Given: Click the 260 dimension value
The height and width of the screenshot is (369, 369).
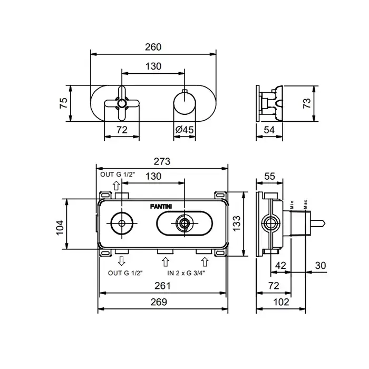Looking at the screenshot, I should point(153,47).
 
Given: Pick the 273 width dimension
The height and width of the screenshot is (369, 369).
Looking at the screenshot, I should point(162,162).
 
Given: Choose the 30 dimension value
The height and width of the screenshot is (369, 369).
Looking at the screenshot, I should point(321,266).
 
